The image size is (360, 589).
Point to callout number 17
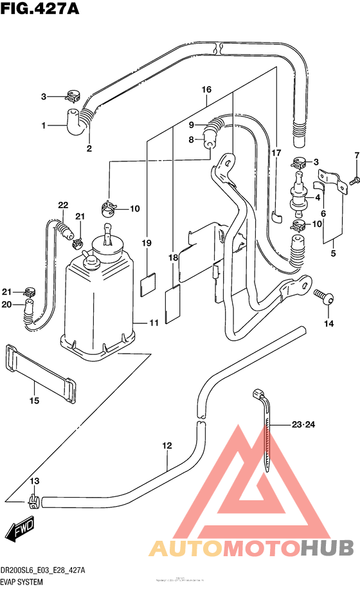(276, 153)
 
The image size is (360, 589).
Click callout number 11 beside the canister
(154, 322)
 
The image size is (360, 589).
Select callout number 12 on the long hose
(167, 445)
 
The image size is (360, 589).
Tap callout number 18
(172, 258)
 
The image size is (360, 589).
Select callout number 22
(62, 205)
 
